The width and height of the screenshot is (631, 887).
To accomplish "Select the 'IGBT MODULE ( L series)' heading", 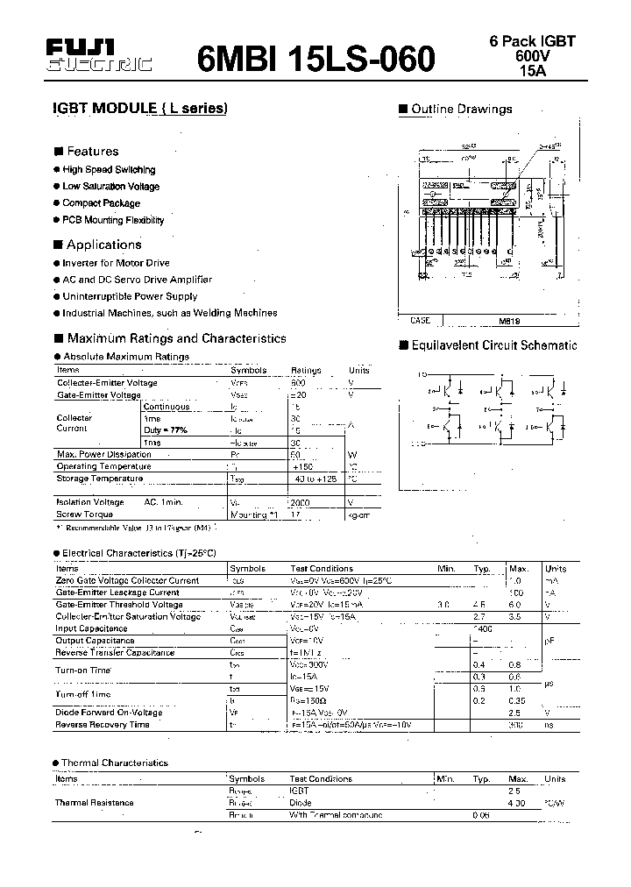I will point(140,109).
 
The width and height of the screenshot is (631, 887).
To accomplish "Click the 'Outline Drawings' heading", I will point(461,110).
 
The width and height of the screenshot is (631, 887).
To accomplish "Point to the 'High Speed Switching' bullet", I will point(109,169).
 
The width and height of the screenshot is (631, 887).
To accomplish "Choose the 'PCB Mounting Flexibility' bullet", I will point(113,220).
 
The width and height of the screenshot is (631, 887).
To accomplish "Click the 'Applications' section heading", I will point(103,245).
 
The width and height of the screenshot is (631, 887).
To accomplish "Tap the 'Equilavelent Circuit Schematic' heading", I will point(493,345).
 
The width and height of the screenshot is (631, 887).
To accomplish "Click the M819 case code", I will point(498,321).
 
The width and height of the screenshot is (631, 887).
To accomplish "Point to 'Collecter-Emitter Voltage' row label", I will point(107,383).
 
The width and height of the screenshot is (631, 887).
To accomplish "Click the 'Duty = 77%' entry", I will point(166,430).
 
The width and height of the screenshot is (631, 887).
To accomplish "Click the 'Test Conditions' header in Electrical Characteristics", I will point(321,569).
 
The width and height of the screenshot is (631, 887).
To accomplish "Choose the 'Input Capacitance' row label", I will point(91,628).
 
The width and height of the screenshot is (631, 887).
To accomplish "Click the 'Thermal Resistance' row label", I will point(94,802).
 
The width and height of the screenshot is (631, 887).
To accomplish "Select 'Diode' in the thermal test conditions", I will point(301,802).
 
